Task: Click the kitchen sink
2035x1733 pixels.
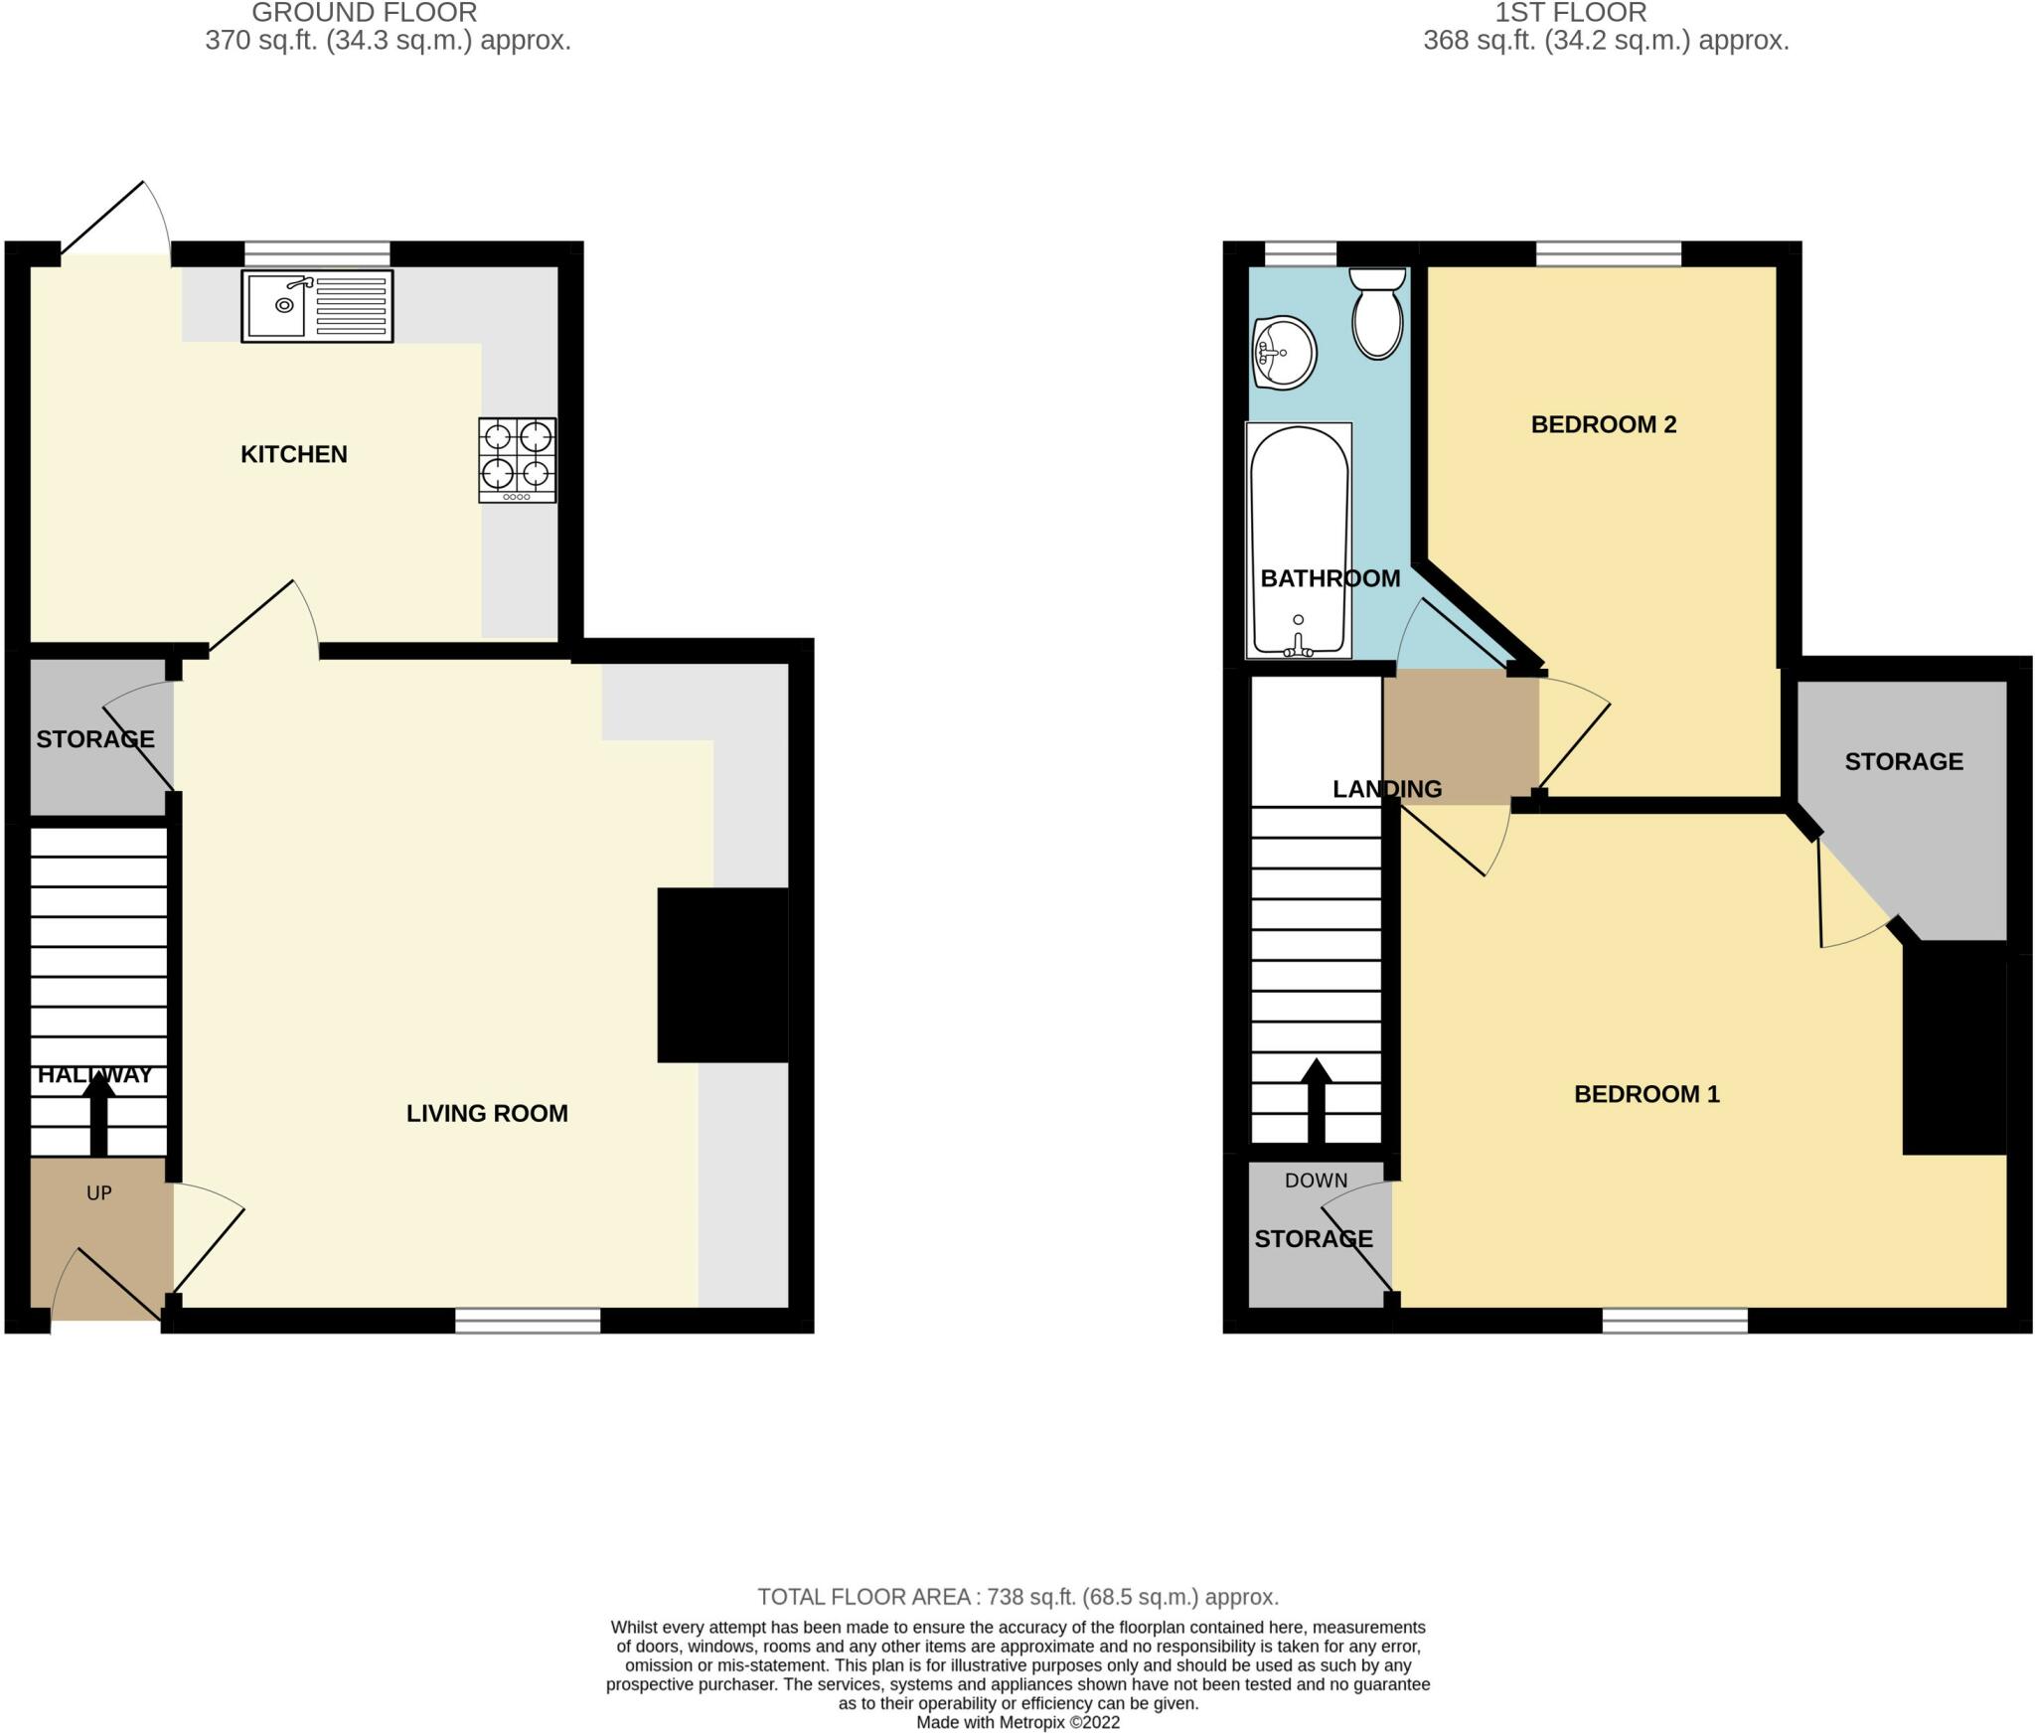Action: pyautogui.click(x=317, y=306)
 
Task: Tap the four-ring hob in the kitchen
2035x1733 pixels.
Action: pyautogui.click(x=518, y=460)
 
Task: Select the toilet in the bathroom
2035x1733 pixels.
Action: pyautogui.click(x=1378, y=312)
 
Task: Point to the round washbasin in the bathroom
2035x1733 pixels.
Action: pyautogui.click(x=1285, y=353)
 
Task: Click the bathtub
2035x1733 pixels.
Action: pyautogui.click(x=1299, y=541)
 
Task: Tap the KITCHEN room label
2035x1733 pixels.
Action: pyautogui.click(x=294, y=454)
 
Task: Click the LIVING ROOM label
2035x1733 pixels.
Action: pyautogui.click(x=487, y=1113)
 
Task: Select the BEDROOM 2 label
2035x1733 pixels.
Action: pyautogui.click(x=1604, y=424)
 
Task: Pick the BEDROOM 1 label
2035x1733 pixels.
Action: pyautogui.click(x=1646, y=1094)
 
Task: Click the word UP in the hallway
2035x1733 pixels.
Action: pyautogui.click(x=99, y=1193)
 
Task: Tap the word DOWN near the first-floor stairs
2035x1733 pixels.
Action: pyautogui.click(x=1317, y=1181)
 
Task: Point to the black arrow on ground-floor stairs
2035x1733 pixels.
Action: pyautogui.click(x=98, y=1114)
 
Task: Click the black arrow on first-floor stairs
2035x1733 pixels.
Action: pyautogui.click(x=1317, y=1101)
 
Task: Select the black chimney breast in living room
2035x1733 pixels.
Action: pyautogui.click(x=722, y=975)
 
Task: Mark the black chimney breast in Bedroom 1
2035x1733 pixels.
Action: pyautogui.click(x=1955, y=1048)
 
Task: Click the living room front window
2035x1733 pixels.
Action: pyautogui.click(x=529, y=1320)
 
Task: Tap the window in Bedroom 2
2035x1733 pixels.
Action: pyautogui.click(x=1609, y=253)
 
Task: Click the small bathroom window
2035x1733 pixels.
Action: pyautogui.click(x=1301, y=253)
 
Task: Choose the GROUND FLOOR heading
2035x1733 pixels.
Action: pyautogui.click(x=365, y=13)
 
